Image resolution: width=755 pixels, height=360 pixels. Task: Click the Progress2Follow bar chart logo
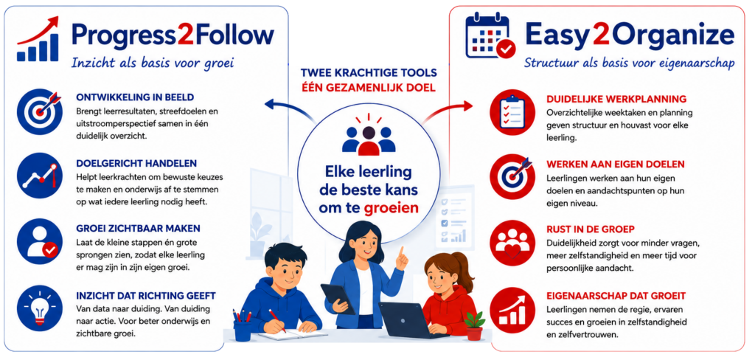38,40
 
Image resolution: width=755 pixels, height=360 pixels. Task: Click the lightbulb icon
40,308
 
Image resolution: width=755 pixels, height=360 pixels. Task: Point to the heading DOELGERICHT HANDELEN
130,163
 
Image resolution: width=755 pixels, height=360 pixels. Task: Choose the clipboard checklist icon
512,112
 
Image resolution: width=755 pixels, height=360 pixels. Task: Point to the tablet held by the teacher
338,299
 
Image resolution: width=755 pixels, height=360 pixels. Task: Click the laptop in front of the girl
406,319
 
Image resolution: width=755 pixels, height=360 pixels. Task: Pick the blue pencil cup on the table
242,327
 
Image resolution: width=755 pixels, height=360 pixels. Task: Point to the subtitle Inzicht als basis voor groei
153,63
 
